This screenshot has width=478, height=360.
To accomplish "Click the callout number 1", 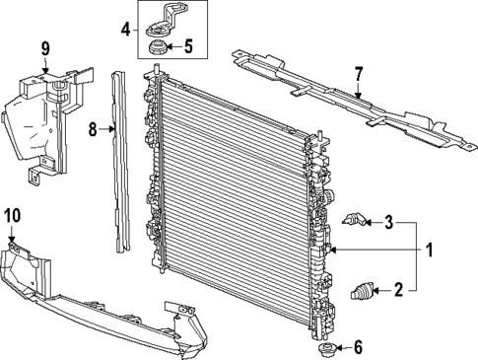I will click(x=429, y=251).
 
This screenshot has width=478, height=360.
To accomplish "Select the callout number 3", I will click(x=389, y=222).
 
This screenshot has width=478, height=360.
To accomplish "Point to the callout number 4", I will click(x=124, y=29).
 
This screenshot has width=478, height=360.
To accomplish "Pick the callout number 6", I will click(x=358, y=346).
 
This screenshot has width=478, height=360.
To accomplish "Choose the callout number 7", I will click(x=359, y=72).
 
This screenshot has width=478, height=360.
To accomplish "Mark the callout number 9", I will click(x=44, y=48).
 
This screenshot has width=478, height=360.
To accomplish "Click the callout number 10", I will click(x=12, y=215).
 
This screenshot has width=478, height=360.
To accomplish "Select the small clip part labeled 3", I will click(x=356, y=220).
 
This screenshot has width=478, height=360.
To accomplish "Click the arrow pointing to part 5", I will click(x=173, y=44).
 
